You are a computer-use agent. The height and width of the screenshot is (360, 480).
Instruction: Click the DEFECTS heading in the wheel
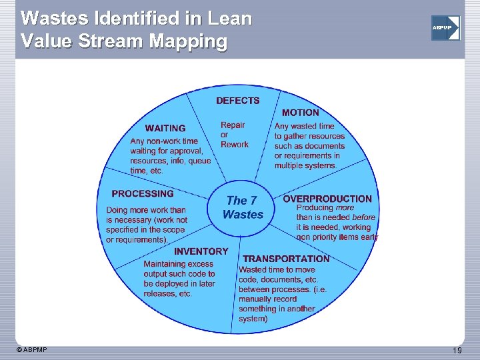point(237,101)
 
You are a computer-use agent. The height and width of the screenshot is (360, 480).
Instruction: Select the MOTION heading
point(300,113)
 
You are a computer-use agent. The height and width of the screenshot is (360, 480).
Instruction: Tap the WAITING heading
point(165,128)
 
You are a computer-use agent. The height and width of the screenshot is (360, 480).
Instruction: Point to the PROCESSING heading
point(143,193)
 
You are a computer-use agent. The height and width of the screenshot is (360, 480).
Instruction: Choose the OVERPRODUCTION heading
point(327,199)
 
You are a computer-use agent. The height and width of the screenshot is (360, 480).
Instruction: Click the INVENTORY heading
point(201,251)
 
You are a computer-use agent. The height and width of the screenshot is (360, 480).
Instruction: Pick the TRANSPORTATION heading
point(286,258)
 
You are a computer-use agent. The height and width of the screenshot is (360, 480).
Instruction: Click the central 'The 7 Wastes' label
point(242,207)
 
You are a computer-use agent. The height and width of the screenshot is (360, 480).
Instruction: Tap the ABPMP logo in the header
point(445,28)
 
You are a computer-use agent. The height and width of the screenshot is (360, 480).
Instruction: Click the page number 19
point(457,351)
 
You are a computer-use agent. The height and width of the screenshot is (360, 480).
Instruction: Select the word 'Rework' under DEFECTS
point(234,145)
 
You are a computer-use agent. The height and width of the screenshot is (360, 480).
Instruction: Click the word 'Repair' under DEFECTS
point(233,125)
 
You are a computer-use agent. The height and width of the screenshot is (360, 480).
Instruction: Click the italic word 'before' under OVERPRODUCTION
point(364,217)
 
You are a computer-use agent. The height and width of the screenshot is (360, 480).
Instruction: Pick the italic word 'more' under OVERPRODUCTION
point(345,208)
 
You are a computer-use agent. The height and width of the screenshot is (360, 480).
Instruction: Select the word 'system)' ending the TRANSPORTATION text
point(253,319)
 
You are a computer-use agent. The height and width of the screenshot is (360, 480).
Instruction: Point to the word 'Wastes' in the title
point(49,18)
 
